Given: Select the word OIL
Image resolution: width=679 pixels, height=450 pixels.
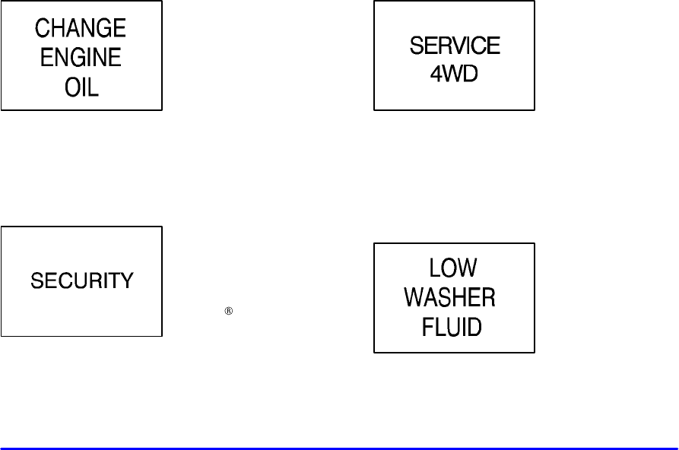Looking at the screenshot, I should (x=81, y=88).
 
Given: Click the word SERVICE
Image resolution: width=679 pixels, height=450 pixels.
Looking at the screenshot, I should (x=455, y=46).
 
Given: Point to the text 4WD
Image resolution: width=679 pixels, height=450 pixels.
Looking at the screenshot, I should (x=455, y=76).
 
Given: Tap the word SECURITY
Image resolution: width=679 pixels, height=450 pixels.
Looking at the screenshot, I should (x=81, y=281).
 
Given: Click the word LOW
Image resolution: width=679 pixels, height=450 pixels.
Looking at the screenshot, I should (x=452, y=269).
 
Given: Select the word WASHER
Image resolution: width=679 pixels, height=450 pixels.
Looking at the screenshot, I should (x=450, y=298).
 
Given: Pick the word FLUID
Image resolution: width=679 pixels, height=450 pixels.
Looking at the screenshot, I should (x=452, y=327).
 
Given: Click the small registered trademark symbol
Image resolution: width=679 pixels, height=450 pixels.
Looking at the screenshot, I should (x=227, y=311).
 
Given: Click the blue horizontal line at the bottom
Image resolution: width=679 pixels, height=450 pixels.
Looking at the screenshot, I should (x=339, y=448).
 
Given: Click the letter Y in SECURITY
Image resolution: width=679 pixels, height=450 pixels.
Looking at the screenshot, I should (x=126, y=281).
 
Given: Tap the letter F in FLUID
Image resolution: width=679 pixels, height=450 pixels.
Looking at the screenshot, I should (x=428, y=327).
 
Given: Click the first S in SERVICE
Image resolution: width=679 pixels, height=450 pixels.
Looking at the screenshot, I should (x=417, y=46).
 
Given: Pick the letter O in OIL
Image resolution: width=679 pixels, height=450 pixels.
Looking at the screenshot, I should (x=71, y=88).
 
